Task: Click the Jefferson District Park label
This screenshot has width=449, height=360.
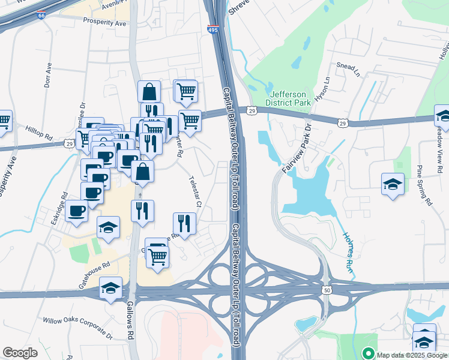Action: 290,98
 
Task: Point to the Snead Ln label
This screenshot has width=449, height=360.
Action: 347,67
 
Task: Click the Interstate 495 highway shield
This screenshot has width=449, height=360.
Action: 214,29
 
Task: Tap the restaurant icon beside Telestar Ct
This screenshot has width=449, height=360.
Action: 185,224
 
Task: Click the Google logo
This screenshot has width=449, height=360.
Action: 20,352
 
